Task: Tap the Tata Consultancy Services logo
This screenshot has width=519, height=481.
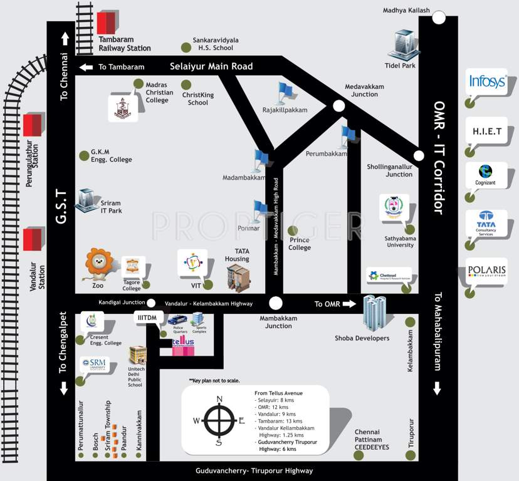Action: (x=486, y=224)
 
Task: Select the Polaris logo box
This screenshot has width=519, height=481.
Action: (x=486, y=271)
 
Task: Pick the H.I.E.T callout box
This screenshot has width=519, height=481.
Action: (x=486, y=131)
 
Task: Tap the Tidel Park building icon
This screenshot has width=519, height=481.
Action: (x=401, y=45)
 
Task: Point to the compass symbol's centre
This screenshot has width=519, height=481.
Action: (x=219, y=420)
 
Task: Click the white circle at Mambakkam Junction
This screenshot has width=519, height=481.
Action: (x=275, y=304)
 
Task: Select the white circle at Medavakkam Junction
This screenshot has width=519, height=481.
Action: (x=338, y=106)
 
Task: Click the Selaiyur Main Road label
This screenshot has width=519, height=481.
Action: (x=211, y=66)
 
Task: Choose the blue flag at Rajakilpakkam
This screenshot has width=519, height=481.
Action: (x=285, y=93)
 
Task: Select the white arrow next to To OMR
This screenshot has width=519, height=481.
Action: (x=349, y=304)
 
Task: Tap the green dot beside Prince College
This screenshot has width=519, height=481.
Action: (x=292, y=230)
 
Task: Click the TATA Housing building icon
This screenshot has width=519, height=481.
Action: (x=238, y=279)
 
